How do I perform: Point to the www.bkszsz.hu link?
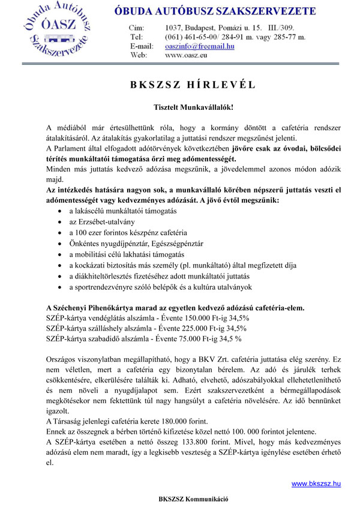click(x=316, y=483)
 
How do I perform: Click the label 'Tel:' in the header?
click(x=136, y=37)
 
